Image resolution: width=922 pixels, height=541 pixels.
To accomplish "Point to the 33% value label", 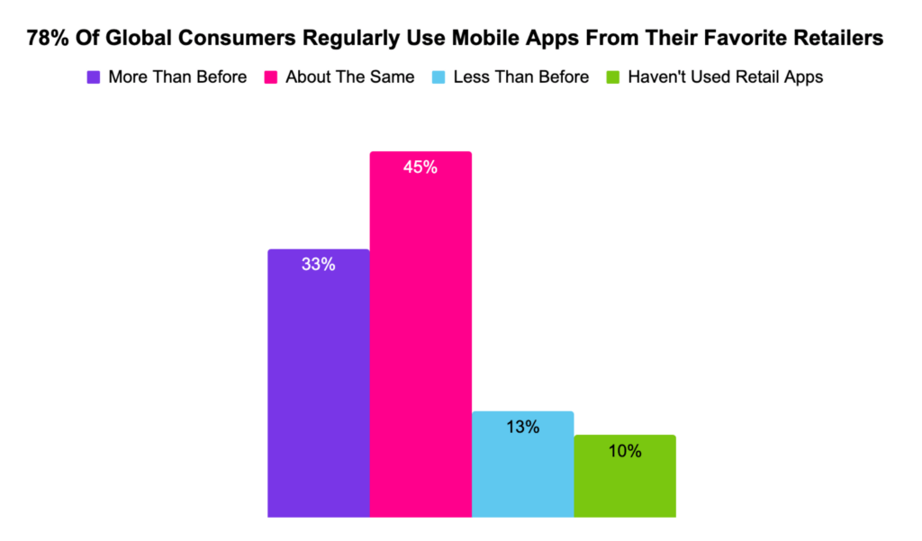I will pos(319,265).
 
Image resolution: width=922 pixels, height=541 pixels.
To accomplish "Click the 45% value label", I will pos(420,167).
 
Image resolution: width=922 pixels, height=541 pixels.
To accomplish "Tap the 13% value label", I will pos(522,427).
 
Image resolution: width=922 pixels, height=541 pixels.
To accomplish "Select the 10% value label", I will pos(624,451).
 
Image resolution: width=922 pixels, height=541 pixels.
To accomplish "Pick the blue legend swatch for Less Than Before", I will pos(438,77).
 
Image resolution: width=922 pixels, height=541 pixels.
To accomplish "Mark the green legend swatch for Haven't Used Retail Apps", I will pos(612,77).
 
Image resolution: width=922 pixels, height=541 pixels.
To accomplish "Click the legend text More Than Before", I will pos(177,77).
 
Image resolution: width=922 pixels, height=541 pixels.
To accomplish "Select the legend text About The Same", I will pos(350,77).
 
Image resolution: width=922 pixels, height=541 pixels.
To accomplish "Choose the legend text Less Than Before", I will pos(520,77).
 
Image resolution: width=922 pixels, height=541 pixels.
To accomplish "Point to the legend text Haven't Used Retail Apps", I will pos(726,77).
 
